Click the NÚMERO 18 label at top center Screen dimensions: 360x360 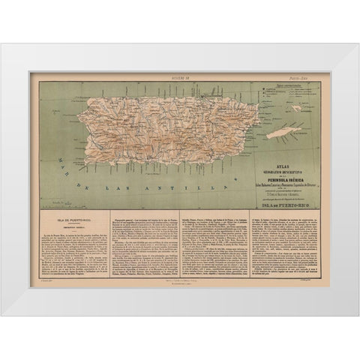click(181, 76)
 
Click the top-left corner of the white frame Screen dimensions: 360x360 click(2, 44)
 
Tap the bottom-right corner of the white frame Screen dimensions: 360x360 click(358, 315)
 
